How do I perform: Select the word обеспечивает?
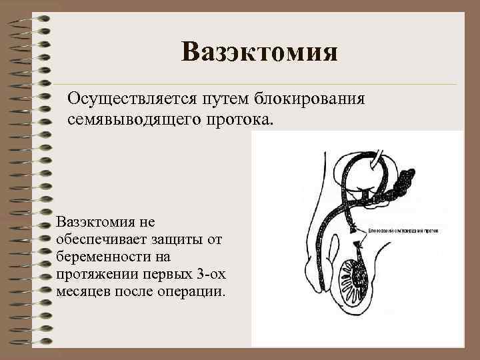[x=98, y=238]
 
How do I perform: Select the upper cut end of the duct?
[x=352, y=229]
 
